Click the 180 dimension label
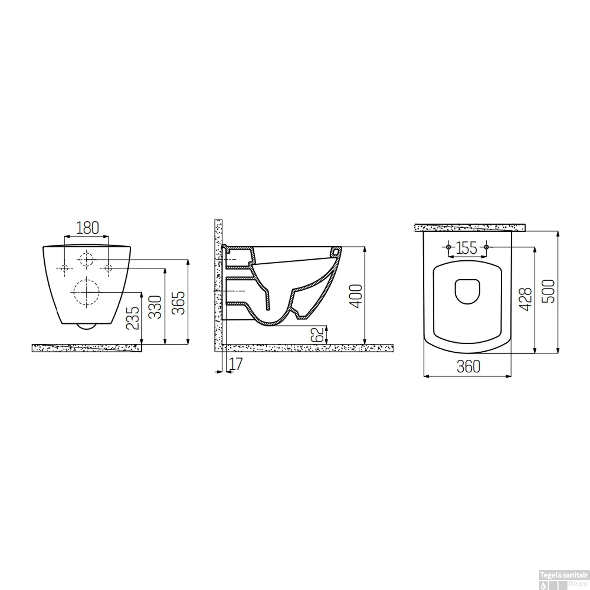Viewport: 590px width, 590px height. (87, 228)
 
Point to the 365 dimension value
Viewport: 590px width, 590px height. (179, 302)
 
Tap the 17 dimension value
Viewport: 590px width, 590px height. (236, 364)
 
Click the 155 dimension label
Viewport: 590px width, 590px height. (467, 248)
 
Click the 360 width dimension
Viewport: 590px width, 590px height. (468, 367)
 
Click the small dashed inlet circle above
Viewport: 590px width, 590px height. (87, 259)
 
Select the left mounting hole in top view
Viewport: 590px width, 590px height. (448, 247)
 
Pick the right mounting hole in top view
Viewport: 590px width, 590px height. (487, 247)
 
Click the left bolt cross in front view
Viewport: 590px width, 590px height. (64, 268)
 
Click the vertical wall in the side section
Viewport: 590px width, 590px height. (218, 283)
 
